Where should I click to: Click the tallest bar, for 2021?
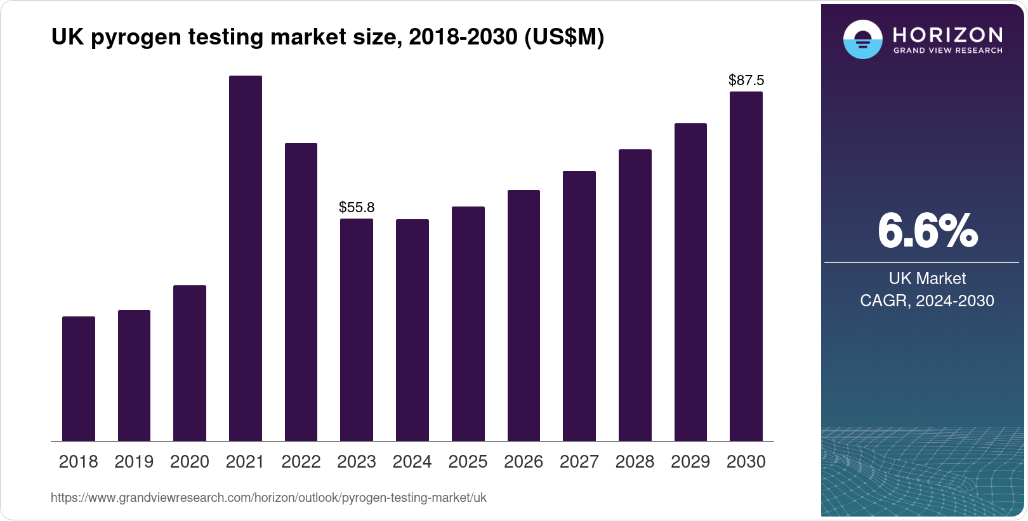coord(245,258)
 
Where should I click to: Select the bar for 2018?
coord(79,379)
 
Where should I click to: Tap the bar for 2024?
coord(412,330)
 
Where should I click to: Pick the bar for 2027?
coord(579,306)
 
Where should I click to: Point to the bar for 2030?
coord(746,266)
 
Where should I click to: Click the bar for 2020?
coord(190,363)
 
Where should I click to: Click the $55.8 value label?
coord(357,207)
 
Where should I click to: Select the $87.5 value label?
coord(746,80)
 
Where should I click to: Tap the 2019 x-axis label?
coord(134,462)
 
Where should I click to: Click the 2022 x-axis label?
coord(301,462)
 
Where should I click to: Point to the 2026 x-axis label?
coord(524,462)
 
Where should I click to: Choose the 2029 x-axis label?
coord(690,462)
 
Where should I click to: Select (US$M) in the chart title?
coord(564,37)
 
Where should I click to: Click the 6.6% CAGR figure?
coord(927,231)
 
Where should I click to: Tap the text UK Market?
coord(927,278)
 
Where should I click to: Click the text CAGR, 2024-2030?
coord(927,301)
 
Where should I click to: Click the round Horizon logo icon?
coord(862,39)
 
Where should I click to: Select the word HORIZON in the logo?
coord(947,34)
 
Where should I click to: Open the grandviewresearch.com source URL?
coord(268,498)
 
